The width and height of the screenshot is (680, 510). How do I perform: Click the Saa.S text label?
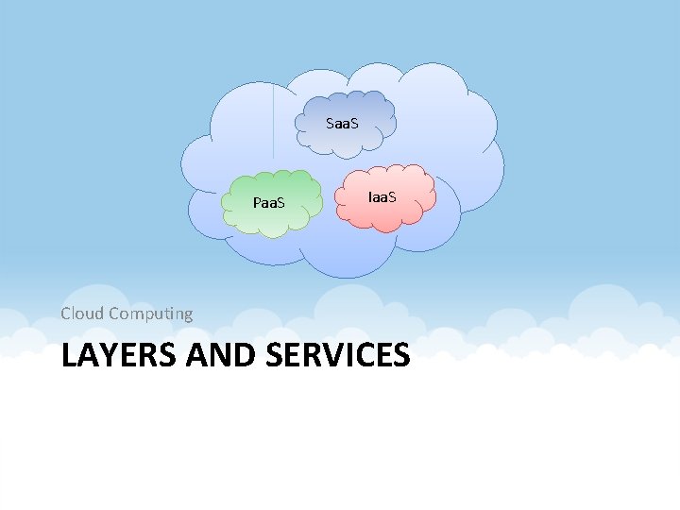click(342, 124)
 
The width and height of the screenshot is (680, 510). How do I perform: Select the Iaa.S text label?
click(382, 196)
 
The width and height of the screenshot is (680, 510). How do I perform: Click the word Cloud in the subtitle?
click(82, 313)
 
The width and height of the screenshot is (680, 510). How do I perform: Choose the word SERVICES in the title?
click(338, 355)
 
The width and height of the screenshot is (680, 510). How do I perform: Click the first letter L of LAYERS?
click(68, 355)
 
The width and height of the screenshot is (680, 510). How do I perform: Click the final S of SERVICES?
click(400, 355)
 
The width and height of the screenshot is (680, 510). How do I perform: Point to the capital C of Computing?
click(114, 313)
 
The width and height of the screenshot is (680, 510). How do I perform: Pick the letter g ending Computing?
click(187, 315)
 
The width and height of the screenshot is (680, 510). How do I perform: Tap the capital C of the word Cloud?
click(66, 313)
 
